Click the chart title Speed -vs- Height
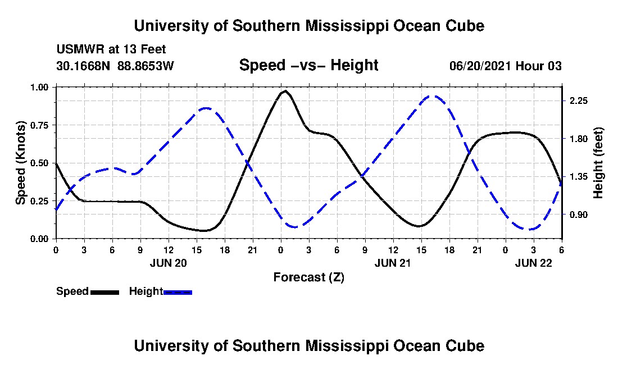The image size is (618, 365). click(x=308, y=65)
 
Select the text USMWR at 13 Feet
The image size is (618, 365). click(x=111, y=49)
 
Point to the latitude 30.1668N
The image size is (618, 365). click(x=84, y=66)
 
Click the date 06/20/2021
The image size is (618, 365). click(x=480, y=66)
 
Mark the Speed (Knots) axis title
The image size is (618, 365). click(x=21, y=163)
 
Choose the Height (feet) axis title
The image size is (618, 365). click(x=598, y=163)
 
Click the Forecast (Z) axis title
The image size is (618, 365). click(x=308, y=277)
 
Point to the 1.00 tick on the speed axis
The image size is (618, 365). click(x=40, y=88)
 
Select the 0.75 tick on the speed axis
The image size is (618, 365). click(x=40, y=125)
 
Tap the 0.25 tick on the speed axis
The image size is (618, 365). click(x=40, y=201)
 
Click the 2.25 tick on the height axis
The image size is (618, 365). click(x=578, y=101)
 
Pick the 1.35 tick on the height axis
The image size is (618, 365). click(x=578, y=177)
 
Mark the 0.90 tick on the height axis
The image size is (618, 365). click(x=578, y=215)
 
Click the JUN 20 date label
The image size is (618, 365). click(x=168, y=263)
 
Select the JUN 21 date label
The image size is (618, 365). click(x=393, y=263)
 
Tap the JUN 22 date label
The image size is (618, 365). click(x=534, y=263)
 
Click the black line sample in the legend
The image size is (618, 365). click(x=104, y=292)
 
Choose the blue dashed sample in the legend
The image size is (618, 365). click(x=178, y=292)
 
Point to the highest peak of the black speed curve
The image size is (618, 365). click(x=285, y=91)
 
